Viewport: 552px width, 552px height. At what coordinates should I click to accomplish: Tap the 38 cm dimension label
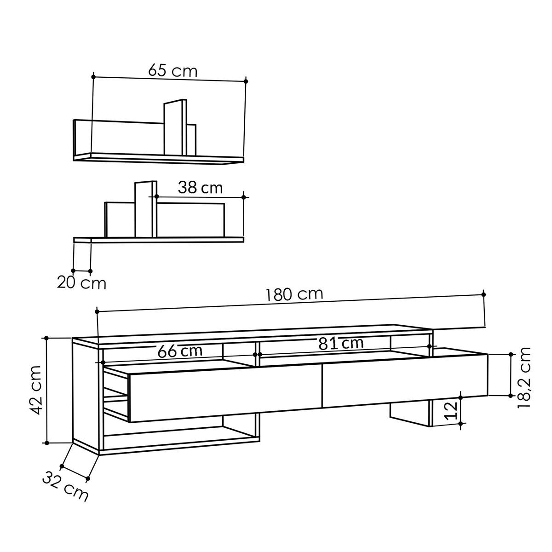200,187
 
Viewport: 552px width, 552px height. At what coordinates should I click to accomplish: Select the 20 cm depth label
81,282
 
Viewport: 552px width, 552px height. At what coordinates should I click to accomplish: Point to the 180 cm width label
294,294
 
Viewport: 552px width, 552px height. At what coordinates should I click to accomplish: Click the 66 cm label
179,351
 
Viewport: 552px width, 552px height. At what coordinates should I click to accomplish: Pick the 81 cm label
340,343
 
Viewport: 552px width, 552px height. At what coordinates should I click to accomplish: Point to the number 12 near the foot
453,410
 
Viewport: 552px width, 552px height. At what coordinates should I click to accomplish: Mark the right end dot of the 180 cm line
483,294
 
